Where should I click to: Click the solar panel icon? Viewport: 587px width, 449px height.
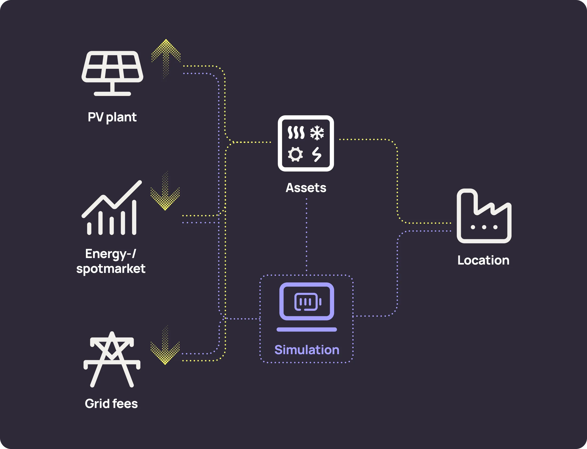(x=112, y=72)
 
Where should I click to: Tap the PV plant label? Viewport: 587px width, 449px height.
(x=112, y=117)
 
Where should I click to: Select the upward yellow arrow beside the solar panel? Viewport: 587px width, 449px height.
(x=166, y=57)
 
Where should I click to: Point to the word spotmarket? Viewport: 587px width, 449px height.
(x=111, y=268)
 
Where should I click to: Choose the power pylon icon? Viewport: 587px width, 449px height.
(x=112, y=360)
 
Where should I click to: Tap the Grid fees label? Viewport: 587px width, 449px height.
(x=111, y=403)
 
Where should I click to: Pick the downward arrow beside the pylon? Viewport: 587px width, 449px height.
(x=165, y=346)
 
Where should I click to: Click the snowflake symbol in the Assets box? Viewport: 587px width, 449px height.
(x=317, y=133)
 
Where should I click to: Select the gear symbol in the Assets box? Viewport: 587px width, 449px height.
(x=295, y=154)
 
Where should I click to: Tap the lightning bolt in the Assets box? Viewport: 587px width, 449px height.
(x=317, y=154)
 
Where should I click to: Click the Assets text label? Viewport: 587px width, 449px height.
(x=306, y=188)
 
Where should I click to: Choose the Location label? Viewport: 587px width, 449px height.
(x=483, y=260)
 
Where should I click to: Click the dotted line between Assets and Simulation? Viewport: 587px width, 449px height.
(x=306, y=235)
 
